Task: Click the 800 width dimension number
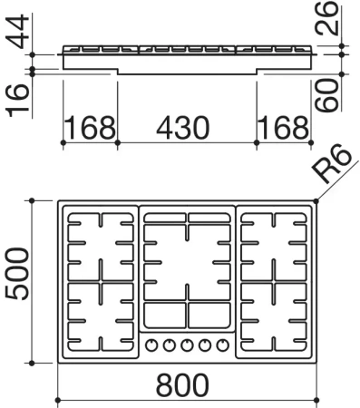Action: pyautogui.click(x=182, y=385)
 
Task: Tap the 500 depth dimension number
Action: pyautogui.click(x=17, y=274)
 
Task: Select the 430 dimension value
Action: pyautogui.click(x=183, y=128)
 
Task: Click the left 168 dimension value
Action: pyautogui.click(x=90, y=128)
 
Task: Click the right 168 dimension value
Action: pyautogui.click(x=284, y=128)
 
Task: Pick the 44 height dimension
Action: pyautogui.click(x=17, y=31)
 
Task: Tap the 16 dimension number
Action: pyautogui.click(x=17, y=101)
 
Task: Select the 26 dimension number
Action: pyautogui.click(x=326, y=18)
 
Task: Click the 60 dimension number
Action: pyautogui.click(x=326, y=95)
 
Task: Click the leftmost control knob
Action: pyautogui.click(x=151, y=345)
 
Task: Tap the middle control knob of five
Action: pyautogui.click(x=187, y=345)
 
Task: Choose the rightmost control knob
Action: pyautogui.click(x=223, y=345)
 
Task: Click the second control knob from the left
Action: pyautogui.click(x=170, y=345)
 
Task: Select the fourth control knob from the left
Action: pyautogui.click(x=205, y=345)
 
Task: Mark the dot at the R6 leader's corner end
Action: pyautogui.click(x=316, y=200)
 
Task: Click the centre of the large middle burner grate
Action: pyautogui.click(x=188, y=262)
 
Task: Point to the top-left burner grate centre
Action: pyautogui.click(x=101, y=247)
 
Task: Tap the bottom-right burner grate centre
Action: pyautogui.click(x=274, y=316)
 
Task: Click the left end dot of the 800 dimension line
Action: pyautogui.click(x=58, y=401)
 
